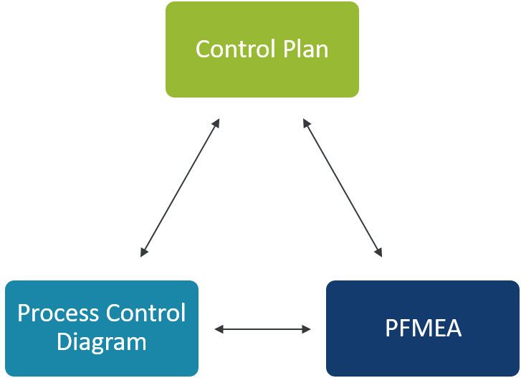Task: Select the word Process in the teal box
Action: [x=57, y=313]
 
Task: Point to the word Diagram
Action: [x=101, y=342]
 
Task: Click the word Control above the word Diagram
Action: [x=146, y=313]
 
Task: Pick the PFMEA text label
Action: [x=423, y=329]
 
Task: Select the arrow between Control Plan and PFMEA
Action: [x=343, y=188]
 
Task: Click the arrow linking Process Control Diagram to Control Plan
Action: [x=180, y=188]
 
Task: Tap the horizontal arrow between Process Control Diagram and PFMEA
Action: [x=263, y=329]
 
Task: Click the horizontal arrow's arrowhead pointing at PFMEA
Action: [x=307, y=329]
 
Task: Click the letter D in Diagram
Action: [x=64, y=342]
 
